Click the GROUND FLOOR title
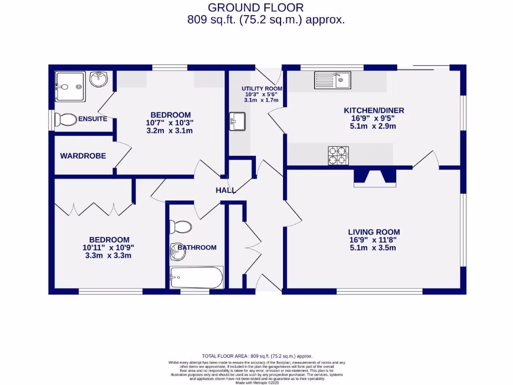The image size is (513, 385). pos(255,8)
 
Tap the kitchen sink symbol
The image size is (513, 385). pos(333,79)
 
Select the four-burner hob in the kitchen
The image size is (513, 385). pos(338,155)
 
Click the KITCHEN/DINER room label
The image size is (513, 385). pos(373,110)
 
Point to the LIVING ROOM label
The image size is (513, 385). pos(374,232)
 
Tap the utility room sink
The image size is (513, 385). pos(237,121)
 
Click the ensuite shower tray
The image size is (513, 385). pos(70,86)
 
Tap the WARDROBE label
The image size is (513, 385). pos(83,156)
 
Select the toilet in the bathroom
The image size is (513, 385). pos(180,227)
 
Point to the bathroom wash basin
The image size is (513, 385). pos(178,251)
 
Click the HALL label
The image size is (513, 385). pos(225,190)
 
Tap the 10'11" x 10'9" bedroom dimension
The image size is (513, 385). pos(109,248)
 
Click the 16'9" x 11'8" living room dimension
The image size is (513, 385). pos(374,240)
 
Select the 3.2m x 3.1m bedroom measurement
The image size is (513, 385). pos(169,131)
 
